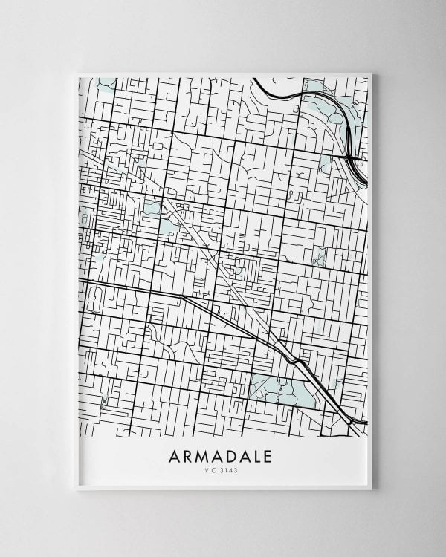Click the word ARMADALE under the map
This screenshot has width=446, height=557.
[x=221, y=455]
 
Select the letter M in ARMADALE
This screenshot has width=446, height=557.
[x=204, y=455]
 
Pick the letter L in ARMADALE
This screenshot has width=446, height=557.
[x=256, y=455]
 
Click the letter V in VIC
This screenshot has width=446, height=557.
[x=207, y=469]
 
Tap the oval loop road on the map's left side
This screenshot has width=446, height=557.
[x=94, y=299]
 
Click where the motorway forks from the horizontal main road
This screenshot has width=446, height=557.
[x=181, y=295]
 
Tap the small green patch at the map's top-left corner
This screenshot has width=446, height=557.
[x=107, y=82]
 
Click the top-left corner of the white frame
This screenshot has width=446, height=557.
[x=77, y=74]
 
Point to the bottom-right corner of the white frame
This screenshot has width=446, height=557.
[x=372, y=489]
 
